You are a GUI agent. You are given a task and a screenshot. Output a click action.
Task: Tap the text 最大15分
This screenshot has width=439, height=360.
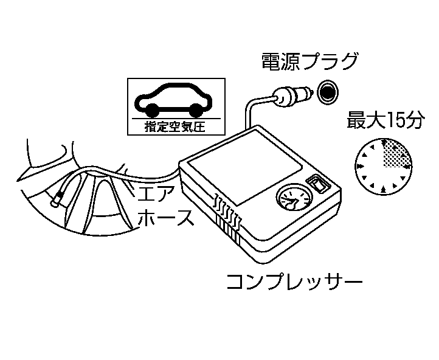[x=384, y=121]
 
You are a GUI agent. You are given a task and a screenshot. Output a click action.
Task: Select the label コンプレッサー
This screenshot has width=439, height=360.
[x=294, y=282]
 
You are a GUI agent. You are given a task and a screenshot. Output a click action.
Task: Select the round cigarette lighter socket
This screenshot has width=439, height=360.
[x=328, y=91]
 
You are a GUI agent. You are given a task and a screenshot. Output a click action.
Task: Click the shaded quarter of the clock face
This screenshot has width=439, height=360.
[x=395, y=153]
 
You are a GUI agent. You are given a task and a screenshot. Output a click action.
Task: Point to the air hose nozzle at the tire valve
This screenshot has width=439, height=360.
[x=60, y=198]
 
